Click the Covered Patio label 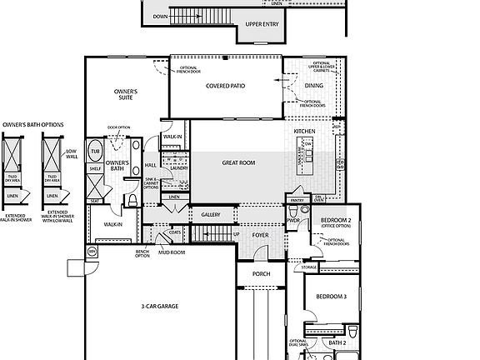[225, 85]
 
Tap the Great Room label [237, 162]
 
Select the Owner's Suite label [127, 94]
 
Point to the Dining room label [313, 85]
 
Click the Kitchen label [304, 132]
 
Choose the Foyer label [261, 235]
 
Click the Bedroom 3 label [331, 297]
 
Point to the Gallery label [211, 215]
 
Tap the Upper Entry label [261, 25]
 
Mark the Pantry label [297, 201]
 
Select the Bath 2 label [337, 342]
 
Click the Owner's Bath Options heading [32, 124]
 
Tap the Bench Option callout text [142, 253]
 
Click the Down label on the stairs [160, 16]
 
